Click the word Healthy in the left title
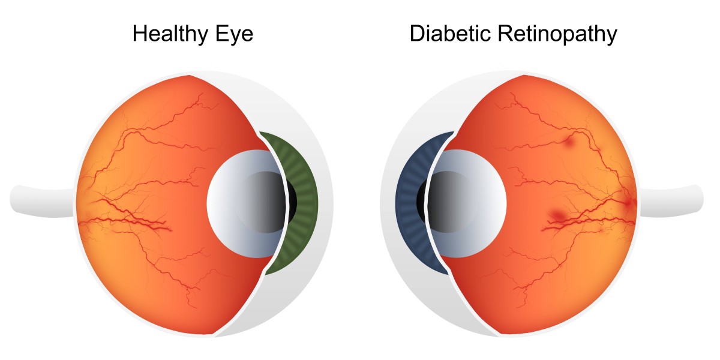(170, 34)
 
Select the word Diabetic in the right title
(451, 33)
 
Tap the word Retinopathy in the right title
(557, 34)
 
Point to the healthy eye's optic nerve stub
(43, 202)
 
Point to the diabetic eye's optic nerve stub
(672, 202)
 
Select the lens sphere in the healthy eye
(246, 203)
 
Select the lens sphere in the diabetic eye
(467, 203)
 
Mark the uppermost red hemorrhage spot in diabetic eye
(569, 142)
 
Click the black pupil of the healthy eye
(292, 202)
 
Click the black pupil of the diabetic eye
(421, 202)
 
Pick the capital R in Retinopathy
(506, 33)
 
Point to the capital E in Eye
(222, 33)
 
